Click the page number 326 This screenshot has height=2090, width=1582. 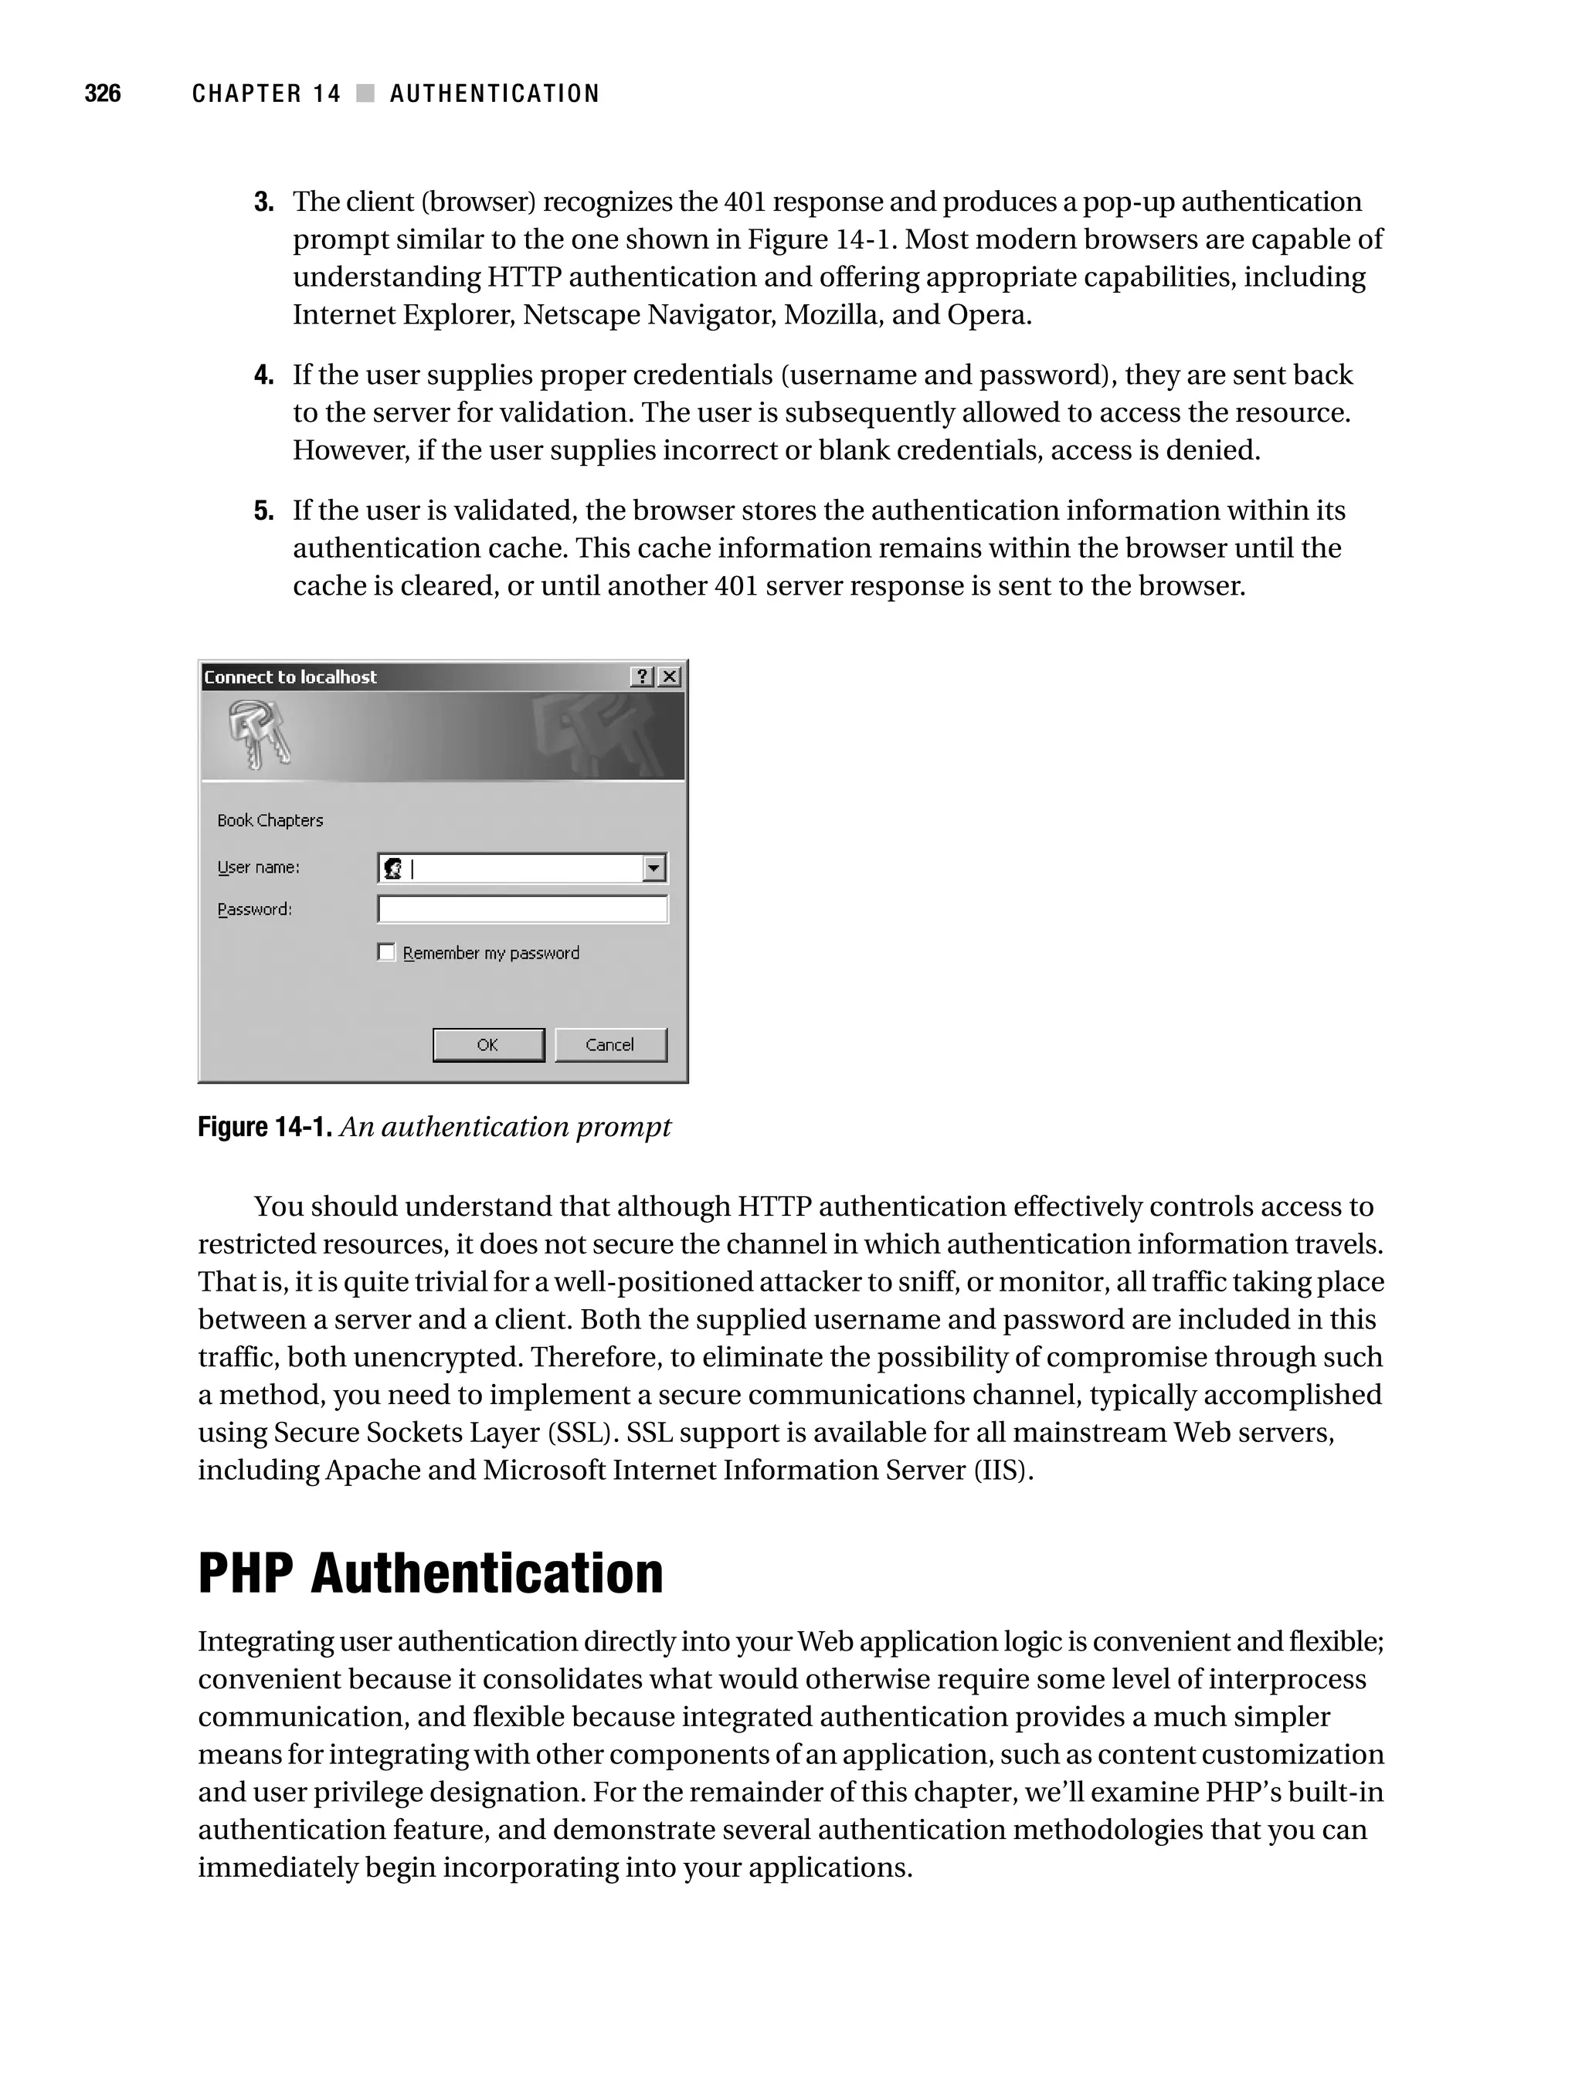coord(102,93)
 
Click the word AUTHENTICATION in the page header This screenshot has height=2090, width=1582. coord(494,93)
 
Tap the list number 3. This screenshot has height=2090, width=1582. coord(263,202)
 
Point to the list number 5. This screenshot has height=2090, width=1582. coord(263,511)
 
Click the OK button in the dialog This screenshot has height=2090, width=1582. coord(487,1044)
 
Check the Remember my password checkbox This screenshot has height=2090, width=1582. coord(385,952)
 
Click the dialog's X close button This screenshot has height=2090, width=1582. coord(669,677)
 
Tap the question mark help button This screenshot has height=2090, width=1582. coord(642,677)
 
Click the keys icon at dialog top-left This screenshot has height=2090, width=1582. coord(258,735)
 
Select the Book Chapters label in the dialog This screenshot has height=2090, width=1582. coord(270,820)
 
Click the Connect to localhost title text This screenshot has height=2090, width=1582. coord(290,677)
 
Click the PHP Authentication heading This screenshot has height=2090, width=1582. coord(430,1573)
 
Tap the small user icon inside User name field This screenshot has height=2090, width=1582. coord(393,867)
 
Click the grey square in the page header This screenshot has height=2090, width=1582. coord(365,93)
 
